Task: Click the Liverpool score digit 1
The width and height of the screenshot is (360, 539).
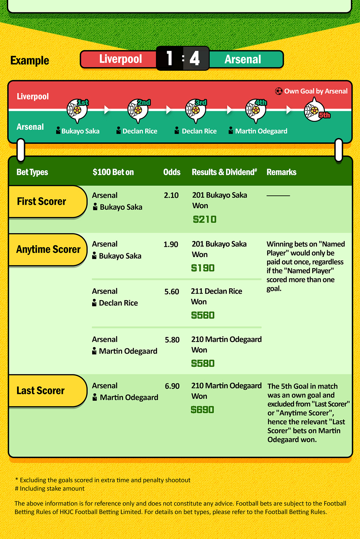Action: (170, 58)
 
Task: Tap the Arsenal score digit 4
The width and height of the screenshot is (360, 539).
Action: (195, 58)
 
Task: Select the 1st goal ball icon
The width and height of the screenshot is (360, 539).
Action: (77, 110)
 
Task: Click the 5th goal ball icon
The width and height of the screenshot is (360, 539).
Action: (314, 111)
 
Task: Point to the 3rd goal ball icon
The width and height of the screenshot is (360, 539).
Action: (195, 110)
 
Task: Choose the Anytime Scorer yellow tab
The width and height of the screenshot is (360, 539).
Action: (47, 250)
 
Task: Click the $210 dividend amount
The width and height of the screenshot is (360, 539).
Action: (205, 219)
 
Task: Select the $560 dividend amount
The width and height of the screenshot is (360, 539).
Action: (203, 315)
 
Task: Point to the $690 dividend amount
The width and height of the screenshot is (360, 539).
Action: (202, 410)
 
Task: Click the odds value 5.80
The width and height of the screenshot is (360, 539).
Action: (172, 340)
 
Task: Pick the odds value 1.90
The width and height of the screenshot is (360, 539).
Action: (171, 244)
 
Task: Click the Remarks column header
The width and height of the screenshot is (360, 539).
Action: (281, 172)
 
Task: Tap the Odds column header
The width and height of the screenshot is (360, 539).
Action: (172, 172)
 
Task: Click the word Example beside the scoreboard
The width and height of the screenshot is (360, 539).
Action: (30, 60)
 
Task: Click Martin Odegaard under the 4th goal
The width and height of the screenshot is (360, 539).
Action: (261, 131)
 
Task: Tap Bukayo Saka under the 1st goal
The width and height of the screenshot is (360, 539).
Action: (80, 131)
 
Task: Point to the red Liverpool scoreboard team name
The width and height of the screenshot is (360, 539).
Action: (120, 59)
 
